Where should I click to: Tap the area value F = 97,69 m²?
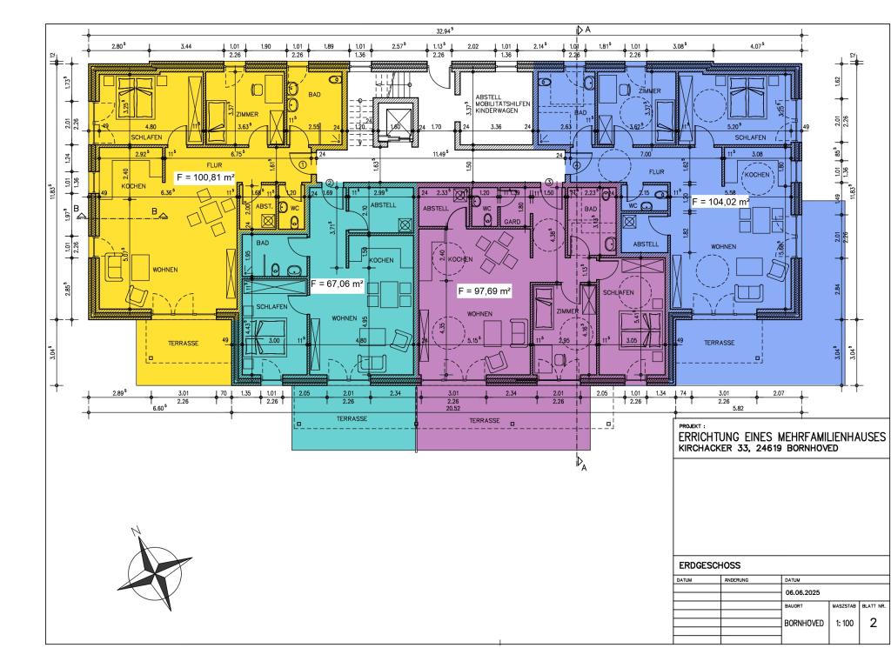[x=484, y=290]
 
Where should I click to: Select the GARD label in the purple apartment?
[x=512, y=222]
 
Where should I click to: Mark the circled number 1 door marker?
[x=302, y=163]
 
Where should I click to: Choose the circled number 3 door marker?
[x=549, y=181]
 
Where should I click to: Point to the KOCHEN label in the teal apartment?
[x=381, y=261]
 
